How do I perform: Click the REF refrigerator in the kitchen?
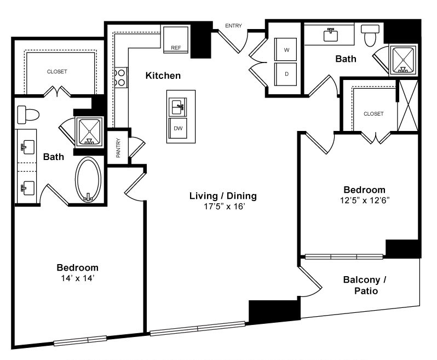[x=176, y=39]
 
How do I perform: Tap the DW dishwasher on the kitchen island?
[x=178, y=128]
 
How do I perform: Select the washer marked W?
[x=286, y=49]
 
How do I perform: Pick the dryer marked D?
[x=286, y=74]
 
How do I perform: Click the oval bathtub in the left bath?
[x=88, y=180]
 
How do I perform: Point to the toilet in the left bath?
[x=28, y=115]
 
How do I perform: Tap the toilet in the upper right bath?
[x=370, y=36]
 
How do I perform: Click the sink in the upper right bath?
[x=331, y=35]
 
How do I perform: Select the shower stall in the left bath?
[x=89, y=132]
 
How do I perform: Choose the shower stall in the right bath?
[x=403, y=60]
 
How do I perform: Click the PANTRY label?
[x=118, y=148]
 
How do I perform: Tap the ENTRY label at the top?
[x=233, y=26]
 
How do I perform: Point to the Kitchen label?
[x=163, y=76]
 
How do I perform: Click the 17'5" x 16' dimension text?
[x=225, y=207]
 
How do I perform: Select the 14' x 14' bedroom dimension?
[x=78, y=278]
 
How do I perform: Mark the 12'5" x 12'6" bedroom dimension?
[x=365, y=200]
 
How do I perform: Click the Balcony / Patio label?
[x=365, y=285]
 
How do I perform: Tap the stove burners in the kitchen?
[x=121, y=77]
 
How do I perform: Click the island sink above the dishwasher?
[x=177, y=107]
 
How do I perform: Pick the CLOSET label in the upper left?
[x=57, y=72]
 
